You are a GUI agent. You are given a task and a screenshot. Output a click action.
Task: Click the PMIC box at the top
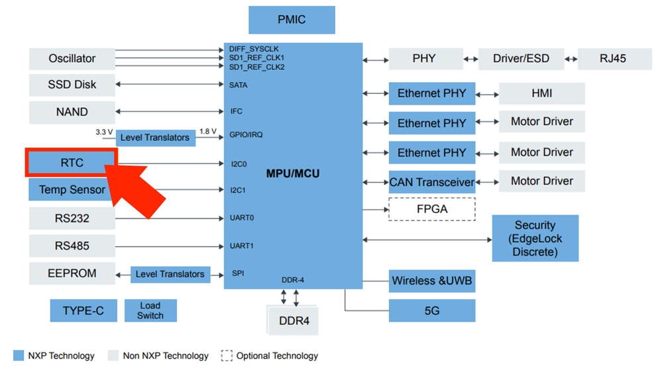[x=292, y=20]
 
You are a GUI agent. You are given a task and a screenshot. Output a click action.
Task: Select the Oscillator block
[x=72, y=58]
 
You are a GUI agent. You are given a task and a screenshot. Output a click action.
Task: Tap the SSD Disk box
[x=72, y=85]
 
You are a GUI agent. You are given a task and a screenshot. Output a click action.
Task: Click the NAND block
[x=72, y=112]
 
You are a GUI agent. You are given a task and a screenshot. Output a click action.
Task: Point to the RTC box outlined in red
[x=71, y=162]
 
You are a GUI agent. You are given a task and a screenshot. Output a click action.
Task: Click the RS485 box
[x=72, y=246]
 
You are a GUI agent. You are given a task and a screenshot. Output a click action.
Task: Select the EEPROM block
[x=72, y=273]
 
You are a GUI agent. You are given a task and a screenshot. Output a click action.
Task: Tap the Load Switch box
[x=150, y=310]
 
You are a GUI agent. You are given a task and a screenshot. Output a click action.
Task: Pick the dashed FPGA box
[x=432, y=209]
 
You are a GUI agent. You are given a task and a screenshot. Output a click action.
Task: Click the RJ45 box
[x=613, y=58]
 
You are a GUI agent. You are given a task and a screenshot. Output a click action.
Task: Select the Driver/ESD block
[x=521, y=58]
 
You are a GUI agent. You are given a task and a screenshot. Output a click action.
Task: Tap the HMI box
[x=541, y=94]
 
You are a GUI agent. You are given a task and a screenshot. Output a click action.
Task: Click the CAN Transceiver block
[x=432, y=181]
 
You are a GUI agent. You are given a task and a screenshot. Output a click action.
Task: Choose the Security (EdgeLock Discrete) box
[x=535, y=238]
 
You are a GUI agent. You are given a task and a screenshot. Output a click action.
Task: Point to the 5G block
[x=432, y=310]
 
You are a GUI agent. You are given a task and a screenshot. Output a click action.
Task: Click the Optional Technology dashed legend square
[x=227, y=355]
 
